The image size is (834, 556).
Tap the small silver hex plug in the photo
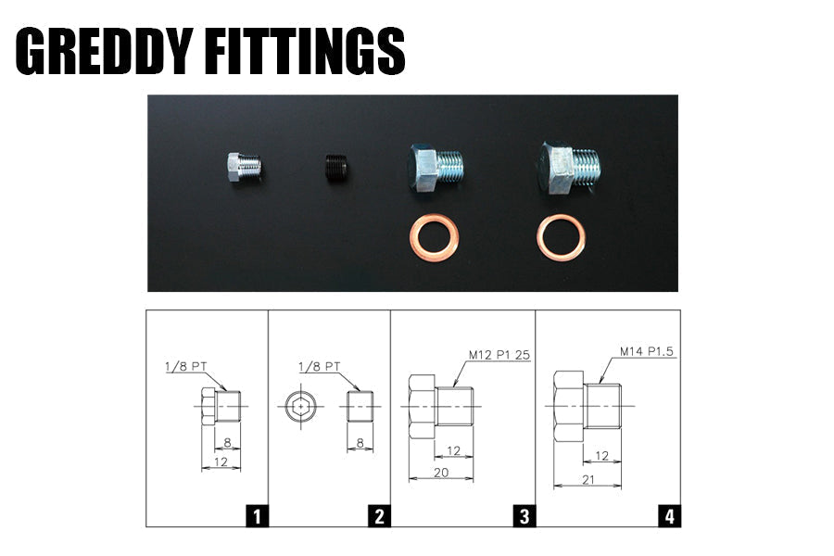tap(244, 168)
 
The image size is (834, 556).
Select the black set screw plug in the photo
tap(337, 168)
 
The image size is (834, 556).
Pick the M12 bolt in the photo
tap(435, 167)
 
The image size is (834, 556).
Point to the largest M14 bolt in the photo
tap(567, 168)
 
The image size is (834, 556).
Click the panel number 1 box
tap(256, 515)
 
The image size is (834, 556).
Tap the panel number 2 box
tap(377, 515)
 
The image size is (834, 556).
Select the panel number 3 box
tap(524, 515)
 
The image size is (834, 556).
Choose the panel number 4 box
tap(669, 515)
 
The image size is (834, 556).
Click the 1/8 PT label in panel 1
tap(180, 366)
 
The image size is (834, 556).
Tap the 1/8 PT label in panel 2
tap(320, 366)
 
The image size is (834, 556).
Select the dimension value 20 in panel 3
tap(440, 473)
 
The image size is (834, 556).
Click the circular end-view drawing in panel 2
tap(299, 407)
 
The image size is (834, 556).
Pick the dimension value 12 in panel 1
tap(221, 461)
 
